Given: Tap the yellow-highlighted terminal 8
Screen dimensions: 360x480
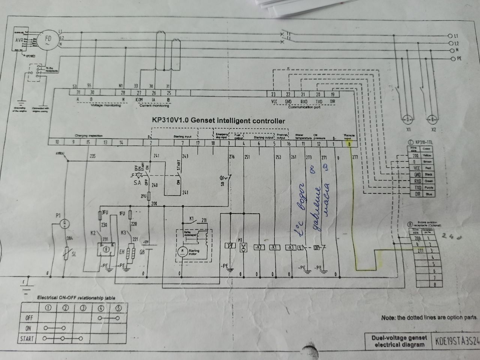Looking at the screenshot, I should pyautogui.click(x=349, y=143).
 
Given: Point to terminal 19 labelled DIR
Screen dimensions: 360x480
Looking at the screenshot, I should pyautogui.click(x=332, y=94).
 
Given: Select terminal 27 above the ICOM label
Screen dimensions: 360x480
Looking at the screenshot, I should pyautogui.click(x=139, y=93).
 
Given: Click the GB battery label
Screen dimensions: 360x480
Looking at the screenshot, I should pyautogui.click(x=142, y=252).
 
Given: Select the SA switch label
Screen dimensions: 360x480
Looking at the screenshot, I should pyautogui.click(x=137, y=183).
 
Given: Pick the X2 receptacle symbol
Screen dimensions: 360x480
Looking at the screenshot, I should pyautogui.click(x=433, y=120).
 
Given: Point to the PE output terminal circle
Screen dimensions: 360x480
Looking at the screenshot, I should pyautogui.click(x=453, y=59).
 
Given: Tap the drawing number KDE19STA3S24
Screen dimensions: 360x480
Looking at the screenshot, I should pyautogui.click(x=457, y=342).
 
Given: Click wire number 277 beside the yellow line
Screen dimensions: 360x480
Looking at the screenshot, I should pyautogui.click(x=355, y=157).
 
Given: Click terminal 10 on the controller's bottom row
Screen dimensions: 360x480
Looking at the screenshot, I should pyautogui.click(x=57, y=142).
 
